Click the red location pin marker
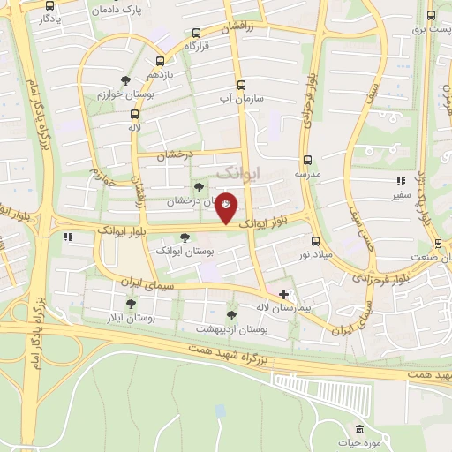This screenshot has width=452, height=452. [x=227, y=207]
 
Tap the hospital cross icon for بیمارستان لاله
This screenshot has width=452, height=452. [x=283, y=293]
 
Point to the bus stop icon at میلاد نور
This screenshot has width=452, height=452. [x=315, y=241]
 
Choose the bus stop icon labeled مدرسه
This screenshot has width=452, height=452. [x=307, y=160]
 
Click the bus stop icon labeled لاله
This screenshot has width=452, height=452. [x=134, y=114]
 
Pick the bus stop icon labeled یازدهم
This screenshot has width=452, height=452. [x=160, y=62]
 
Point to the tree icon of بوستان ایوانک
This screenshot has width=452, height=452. [x=184, y=237]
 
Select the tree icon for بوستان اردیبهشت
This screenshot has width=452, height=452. [x=231, y=315]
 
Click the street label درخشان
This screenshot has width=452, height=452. [x=174, y=156]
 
